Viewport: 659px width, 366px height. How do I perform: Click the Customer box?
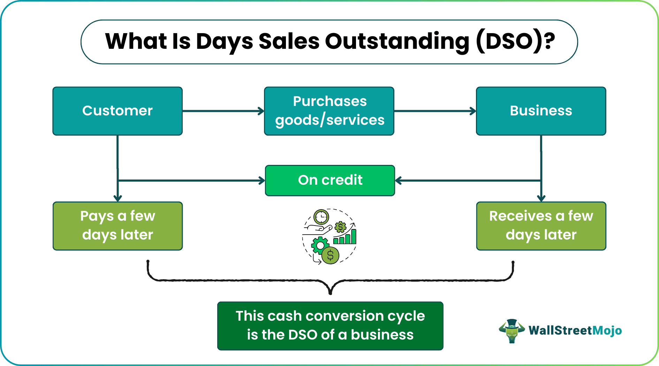(x=118, y=111)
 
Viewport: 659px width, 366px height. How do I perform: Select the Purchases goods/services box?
(x=329, y=111)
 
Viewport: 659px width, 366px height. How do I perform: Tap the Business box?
(x=541, y=111)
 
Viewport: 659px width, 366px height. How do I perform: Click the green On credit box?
(x=330, y=181)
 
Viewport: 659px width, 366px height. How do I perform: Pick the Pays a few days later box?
(x=118, y=226)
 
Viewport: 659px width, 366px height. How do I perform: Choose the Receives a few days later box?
(x=541, y=226)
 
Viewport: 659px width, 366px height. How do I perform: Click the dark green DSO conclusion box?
(x=330, y=326)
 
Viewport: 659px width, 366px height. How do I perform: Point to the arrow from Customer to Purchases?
(x=224, y=111)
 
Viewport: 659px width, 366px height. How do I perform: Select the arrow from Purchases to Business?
(x=435, y=111)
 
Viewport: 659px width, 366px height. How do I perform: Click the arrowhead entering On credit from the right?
(x=398, y=181)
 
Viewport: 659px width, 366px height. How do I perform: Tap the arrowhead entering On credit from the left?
(x=262, y=181)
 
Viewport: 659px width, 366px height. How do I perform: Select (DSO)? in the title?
(x=515, y=41)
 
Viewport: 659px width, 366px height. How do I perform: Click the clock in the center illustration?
(x=321, y=217)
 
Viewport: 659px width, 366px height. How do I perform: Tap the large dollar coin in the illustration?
(x=330, y=256)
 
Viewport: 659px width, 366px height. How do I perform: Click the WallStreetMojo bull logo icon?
(x=512, y=331)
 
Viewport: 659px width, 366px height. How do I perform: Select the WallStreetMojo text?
(x=575, y=330)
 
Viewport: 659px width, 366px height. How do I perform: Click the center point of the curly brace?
(x=330, y=293)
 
